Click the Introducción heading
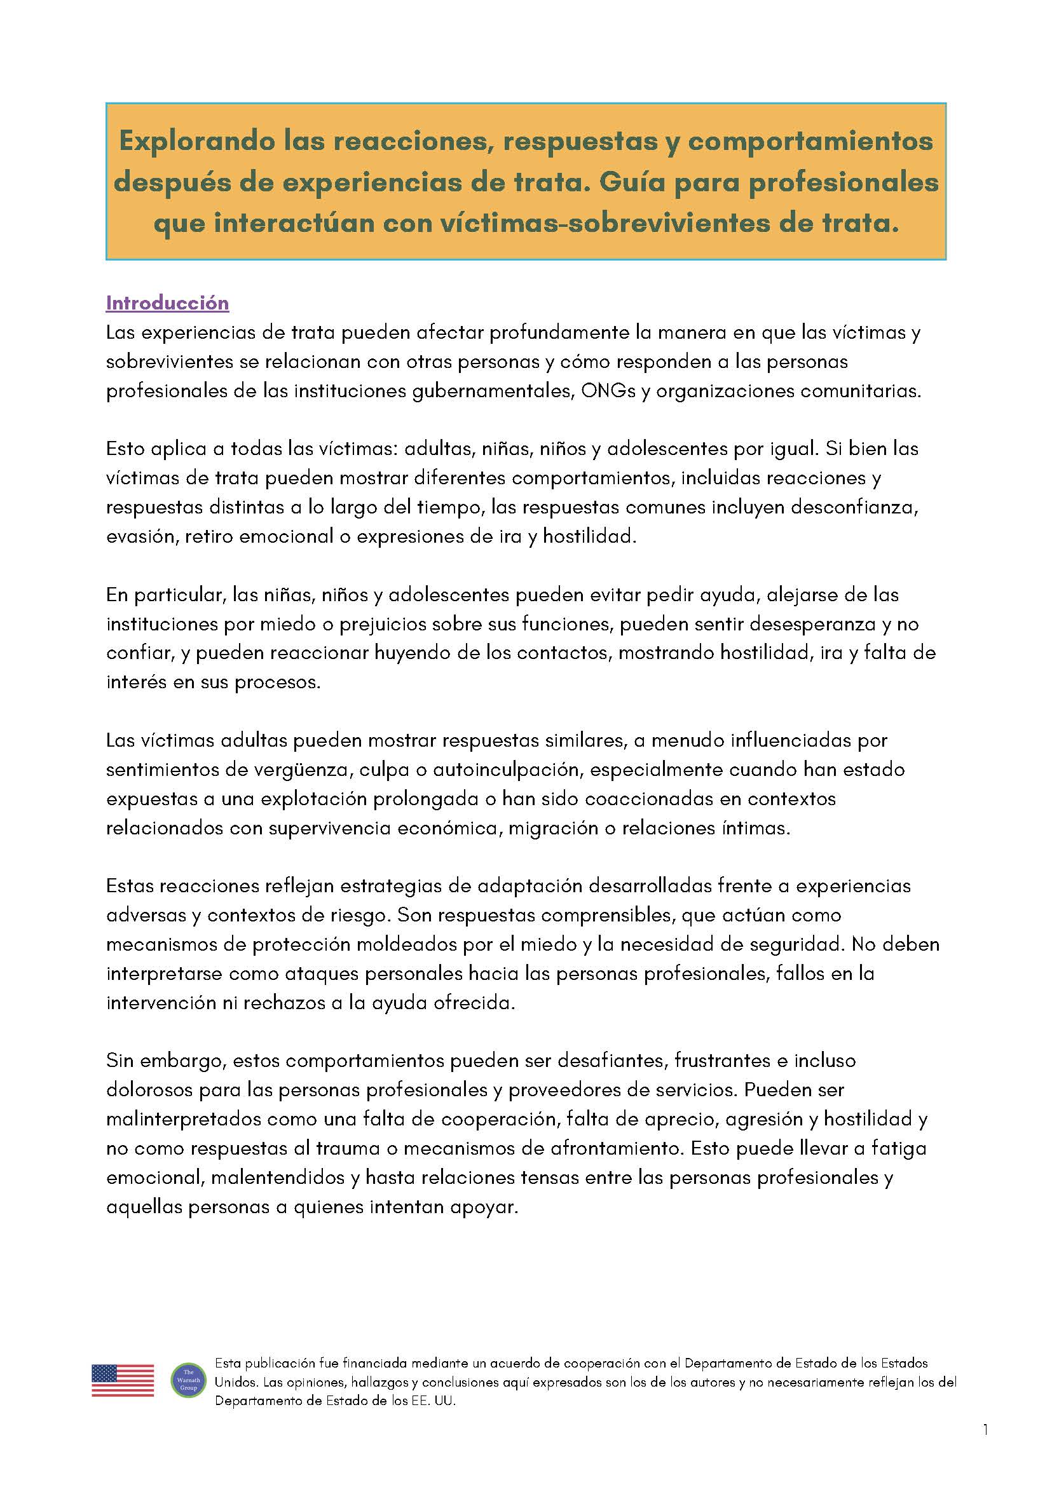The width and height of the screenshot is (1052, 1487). (x=167, y=303)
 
